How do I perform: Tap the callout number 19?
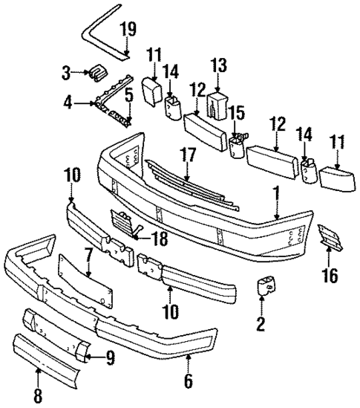[128, 31]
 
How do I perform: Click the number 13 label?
[128, 94]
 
